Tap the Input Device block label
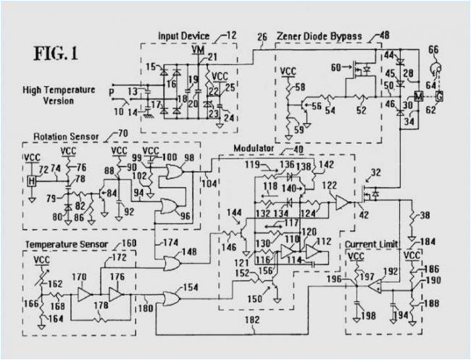tap(185, 35)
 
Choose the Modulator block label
tap(253, 148)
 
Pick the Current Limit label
tap(370, 243)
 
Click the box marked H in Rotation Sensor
tap(31, 180)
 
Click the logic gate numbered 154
tap(172, 298)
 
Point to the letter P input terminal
tap(111, 93)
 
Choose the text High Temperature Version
tap(59, 96)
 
